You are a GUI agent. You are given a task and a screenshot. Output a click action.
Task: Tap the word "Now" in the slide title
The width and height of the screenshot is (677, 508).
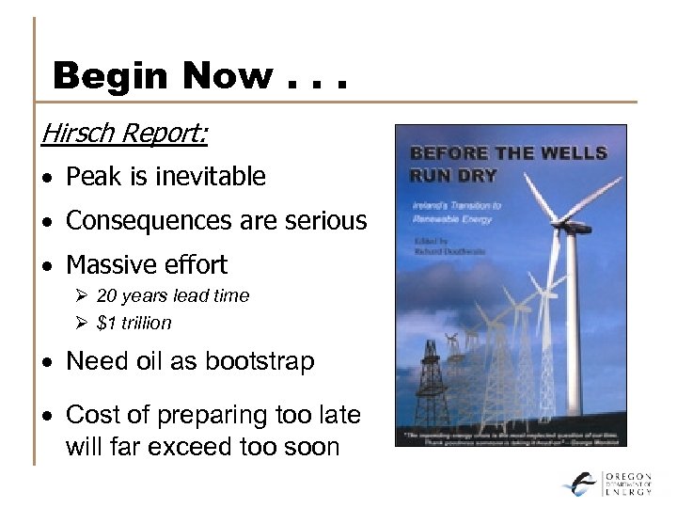pyautogui.click(x=222, y=75)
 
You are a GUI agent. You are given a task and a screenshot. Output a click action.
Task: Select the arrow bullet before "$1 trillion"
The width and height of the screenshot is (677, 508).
pyautogui.click(x=82, y=323)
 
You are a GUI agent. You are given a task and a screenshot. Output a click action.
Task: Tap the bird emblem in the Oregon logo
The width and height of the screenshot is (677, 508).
pyautogui.click(x=580, y=484)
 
